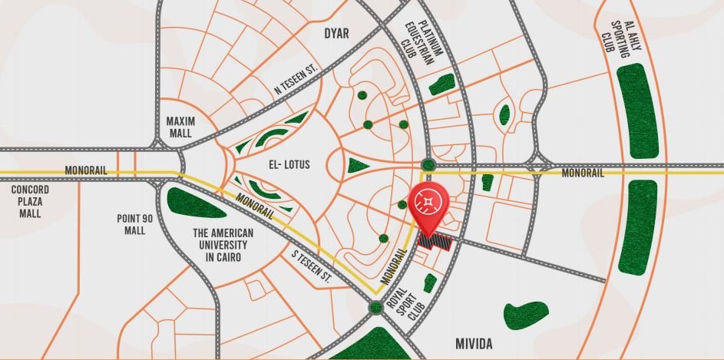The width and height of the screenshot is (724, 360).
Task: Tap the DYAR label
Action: pos(336,34)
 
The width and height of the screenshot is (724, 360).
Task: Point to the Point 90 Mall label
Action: pos(135,224)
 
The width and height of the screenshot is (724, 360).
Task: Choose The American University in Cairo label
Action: pos(220,245)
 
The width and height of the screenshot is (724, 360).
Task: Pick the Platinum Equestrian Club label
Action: pos(425,48)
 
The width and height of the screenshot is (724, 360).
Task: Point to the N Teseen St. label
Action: pos(296,81)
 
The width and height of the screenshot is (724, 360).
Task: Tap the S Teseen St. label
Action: pos(310,265)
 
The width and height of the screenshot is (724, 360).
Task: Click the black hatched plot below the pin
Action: pos(435,242)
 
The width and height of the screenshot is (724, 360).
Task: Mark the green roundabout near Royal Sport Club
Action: pos(375,308)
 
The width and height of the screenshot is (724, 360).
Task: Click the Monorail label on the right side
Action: pos(583,173)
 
